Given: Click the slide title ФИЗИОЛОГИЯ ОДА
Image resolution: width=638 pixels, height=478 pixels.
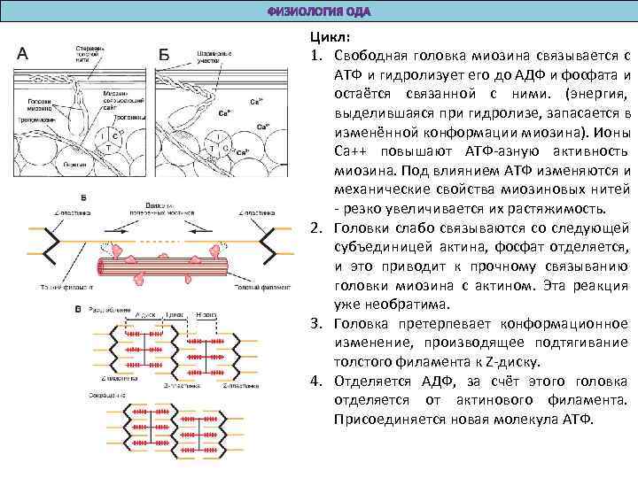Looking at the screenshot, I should pos(319,12).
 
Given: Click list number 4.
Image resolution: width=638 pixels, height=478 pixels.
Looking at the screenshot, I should pos(315,381).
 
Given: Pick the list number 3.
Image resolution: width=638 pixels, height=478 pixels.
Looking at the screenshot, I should pos(315,324).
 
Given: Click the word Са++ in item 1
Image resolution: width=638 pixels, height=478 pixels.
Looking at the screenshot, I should pos(352,151).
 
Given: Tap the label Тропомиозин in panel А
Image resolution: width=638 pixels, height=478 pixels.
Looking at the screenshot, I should pos(35,119).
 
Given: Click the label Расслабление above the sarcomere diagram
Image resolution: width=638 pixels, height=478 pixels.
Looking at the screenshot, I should pos(104,308).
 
